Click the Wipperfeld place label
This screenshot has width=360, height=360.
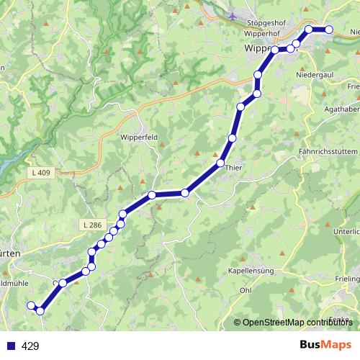[139, 137]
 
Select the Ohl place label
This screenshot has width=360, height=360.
[246, 290]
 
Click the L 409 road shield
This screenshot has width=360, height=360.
[42, 173]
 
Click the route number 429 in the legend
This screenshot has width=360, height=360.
[30, 346]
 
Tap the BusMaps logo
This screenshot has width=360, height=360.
[325, 345]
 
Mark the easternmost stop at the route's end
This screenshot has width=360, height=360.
[329, 30]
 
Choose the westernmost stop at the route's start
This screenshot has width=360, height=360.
[31, 306]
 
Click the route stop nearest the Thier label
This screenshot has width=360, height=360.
[221, 163]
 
